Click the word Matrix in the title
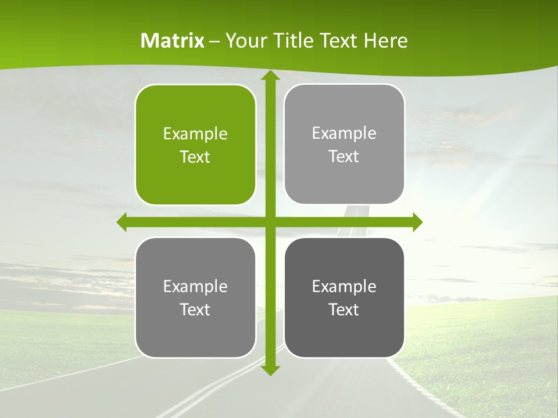173,41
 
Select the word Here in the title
385,41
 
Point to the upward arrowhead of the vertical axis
270,76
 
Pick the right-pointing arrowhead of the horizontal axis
417,222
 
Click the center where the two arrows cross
270,222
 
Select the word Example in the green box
195,134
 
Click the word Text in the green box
195,157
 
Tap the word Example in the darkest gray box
344,286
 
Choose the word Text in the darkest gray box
344,309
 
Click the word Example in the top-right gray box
344,134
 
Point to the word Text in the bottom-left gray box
195,309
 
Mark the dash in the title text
214,41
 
